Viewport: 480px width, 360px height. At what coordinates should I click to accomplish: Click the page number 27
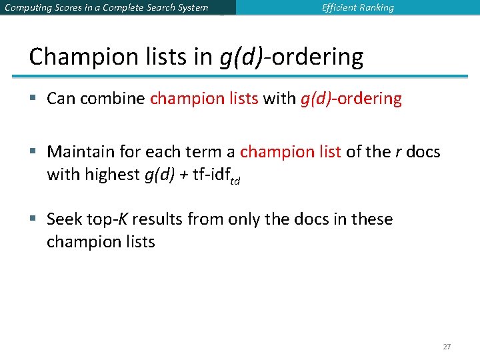pyautogui.click(x=447, y=347)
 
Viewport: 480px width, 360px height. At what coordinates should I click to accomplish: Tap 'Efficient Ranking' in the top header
pyautogui.click(x=357, y=8)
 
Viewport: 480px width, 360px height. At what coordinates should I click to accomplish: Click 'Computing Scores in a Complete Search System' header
pyautogui.click(x=106, y=8)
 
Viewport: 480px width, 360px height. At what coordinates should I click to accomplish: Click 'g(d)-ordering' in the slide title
pyautogui.click(x=291, y=57)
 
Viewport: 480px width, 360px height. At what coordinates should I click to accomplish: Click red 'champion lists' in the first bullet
pyautogui.click(x=204, y=99)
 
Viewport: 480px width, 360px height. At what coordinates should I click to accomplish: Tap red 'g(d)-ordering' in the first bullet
pyautogui.click(x=351, y=99)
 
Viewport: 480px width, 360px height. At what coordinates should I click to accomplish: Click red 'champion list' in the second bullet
pyautogui.click(x=290, y=152)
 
